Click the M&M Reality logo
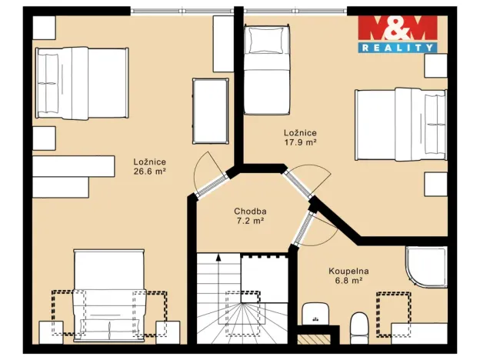pos(398,34)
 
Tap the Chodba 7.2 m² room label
pos(250,216)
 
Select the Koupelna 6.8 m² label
pos(348,275)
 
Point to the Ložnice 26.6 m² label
pos(150,166)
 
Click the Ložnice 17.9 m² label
pos(300,137)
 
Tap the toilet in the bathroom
pos(359,328)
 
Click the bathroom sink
pos(315,314)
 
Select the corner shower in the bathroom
pos(426,267)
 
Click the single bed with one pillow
pos(267,70)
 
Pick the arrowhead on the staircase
pos(218,257)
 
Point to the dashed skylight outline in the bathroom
pos(394,315)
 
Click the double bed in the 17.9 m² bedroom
pos(401,125)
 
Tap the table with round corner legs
pos(211,111)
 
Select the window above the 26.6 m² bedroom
pos(182,11)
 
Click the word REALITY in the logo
pos(398,48)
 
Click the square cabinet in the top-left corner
pos(44,28)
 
